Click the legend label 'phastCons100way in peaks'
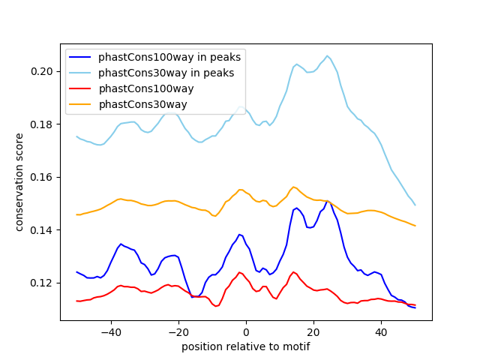[x=169, y=57]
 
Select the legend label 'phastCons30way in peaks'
[x=166, y=73]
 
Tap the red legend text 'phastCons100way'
[x=146, y=88]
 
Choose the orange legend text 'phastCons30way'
[x=143, y=104]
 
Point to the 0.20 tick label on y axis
[x=42, y=72]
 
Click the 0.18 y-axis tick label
[x=42, y=124]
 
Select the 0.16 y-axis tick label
[x=42, y=177]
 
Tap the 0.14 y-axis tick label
[x=42, y=230]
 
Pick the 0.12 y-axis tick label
[x=42, y=283]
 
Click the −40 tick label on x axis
[x=111, y=332]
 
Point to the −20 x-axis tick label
[x=178, y=332]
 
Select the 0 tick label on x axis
[x=246, y=332]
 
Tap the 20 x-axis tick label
[x=313, y=332]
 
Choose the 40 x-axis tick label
[x=381, y=332]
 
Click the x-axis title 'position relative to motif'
[x=246, y=346]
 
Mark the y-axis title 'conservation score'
[x=19, y=182]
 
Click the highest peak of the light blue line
[x=327, y=55]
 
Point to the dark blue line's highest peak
[x=327, y=201]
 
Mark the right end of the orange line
[x=415, y=226]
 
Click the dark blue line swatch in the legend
[x=80, y=57]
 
